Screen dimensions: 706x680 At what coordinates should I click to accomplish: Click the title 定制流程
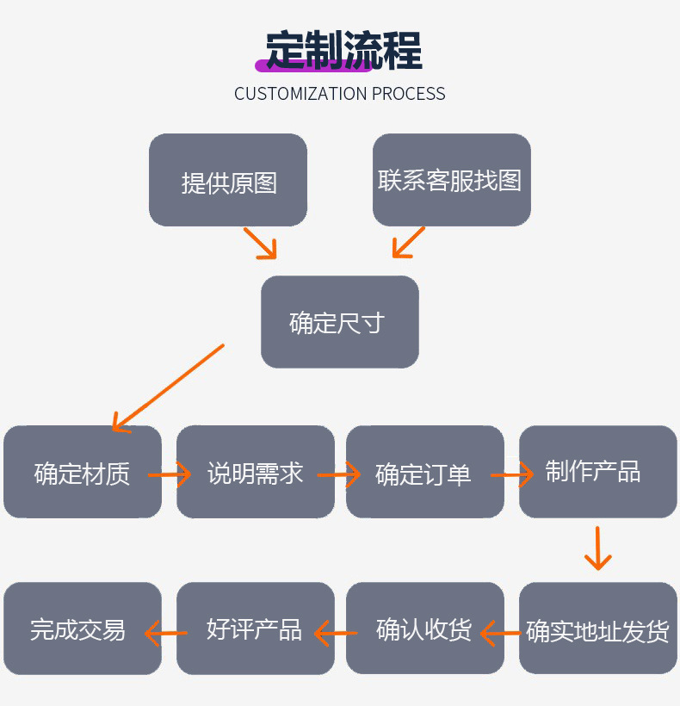(x=343, y=51)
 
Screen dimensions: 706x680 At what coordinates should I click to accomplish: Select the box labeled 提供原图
(x=228, y=180)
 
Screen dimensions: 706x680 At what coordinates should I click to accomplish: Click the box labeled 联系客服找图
(x=451, y=180)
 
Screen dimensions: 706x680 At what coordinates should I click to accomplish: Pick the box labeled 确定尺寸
(x=339, y=322)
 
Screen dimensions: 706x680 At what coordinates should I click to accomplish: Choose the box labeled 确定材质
(x=83, y=472)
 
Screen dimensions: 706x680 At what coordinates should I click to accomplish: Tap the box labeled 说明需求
(x=255, y=472)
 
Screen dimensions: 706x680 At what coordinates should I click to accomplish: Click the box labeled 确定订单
(x=425, y=472)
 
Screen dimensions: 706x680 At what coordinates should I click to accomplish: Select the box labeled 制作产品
(x=597, y=472)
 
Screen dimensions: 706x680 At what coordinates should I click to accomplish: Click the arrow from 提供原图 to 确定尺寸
(x=261, y=243)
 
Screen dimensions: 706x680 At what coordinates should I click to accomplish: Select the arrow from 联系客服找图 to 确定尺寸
(x=408, y=242)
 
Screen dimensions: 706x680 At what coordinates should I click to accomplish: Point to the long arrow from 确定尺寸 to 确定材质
(x=168, y=387)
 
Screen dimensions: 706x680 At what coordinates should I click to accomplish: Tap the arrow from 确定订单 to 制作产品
(x=513, y=474)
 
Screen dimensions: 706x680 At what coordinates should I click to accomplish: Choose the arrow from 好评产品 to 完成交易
(x=165, y=634)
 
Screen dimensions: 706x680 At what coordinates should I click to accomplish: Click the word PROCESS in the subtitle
(x=408, y=94)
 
